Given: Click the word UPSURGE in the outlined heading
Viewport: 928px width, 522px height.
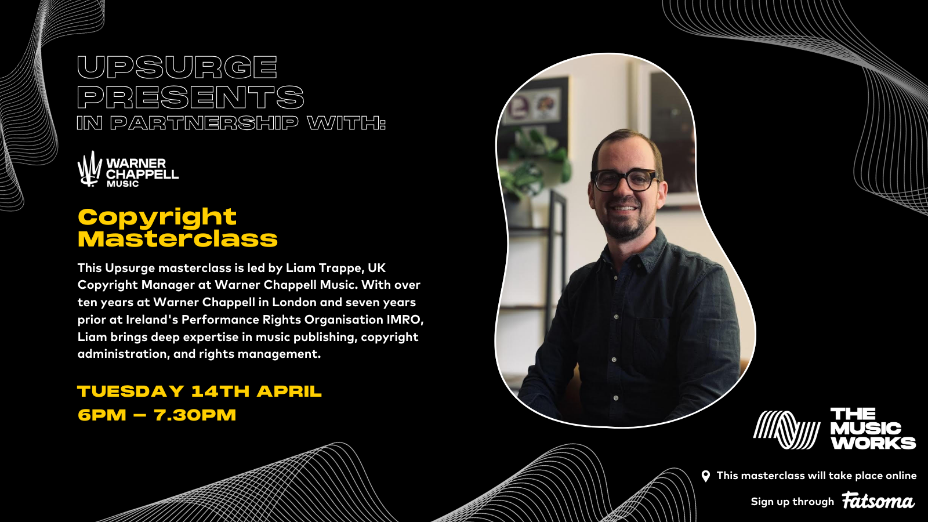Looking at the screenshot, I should (x=177, y=67).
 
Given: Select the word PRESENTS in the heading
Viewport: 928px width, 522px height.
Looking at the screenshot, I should (x=190, y=97).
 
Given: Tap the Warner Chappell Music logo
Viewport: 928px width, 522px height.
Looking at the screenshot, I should (x=128, y=169).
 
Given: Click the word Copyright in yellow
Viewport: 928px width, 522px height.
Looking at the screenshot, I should (x=157, y=217).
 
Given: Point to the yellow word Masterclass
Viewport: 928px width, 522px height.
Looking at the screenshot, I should (x=177, y=239).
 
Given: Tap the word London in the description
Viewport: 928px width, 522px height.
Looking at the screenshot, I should (x=294, y=302).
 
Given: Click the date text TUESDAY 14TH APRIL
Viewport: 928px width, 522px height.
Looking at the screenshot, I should (x=199, y=391).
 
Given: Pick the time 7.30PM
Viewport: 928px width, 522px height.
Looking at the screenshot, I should (x=195, y=415).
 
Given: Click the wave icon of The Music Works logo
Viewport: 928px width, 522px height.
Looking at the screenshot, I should (x=786, y=430).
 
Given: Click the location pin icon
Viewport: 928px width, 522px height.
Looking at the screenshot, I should (x=705, y=476).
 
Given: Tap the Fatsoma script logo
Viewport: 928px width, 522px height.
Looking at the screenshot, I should (x=878, y=501).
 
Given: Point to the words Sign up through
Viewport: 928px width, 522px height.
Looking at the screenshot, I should (x=792, y=502).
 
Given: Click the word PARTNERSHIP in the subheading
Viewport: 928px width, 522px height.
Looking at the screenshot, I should (x=204, y=123).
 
